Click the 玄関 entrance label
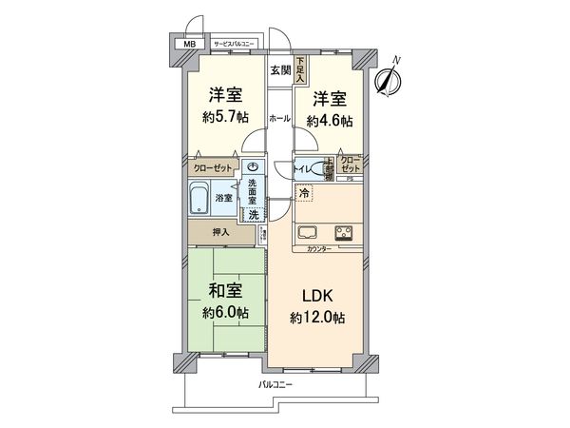click(x=279, y=69)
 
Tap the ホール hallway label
click(x=279, y=119)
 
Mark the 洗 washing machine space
click(x=253, y=214)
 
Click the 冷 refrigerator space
click(x=304, y=194)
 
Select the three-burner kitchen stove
click(x=342, y=233)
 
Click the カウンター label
click(x=319, y=248)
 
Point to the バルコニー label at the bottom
click(x=276, y=384)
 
